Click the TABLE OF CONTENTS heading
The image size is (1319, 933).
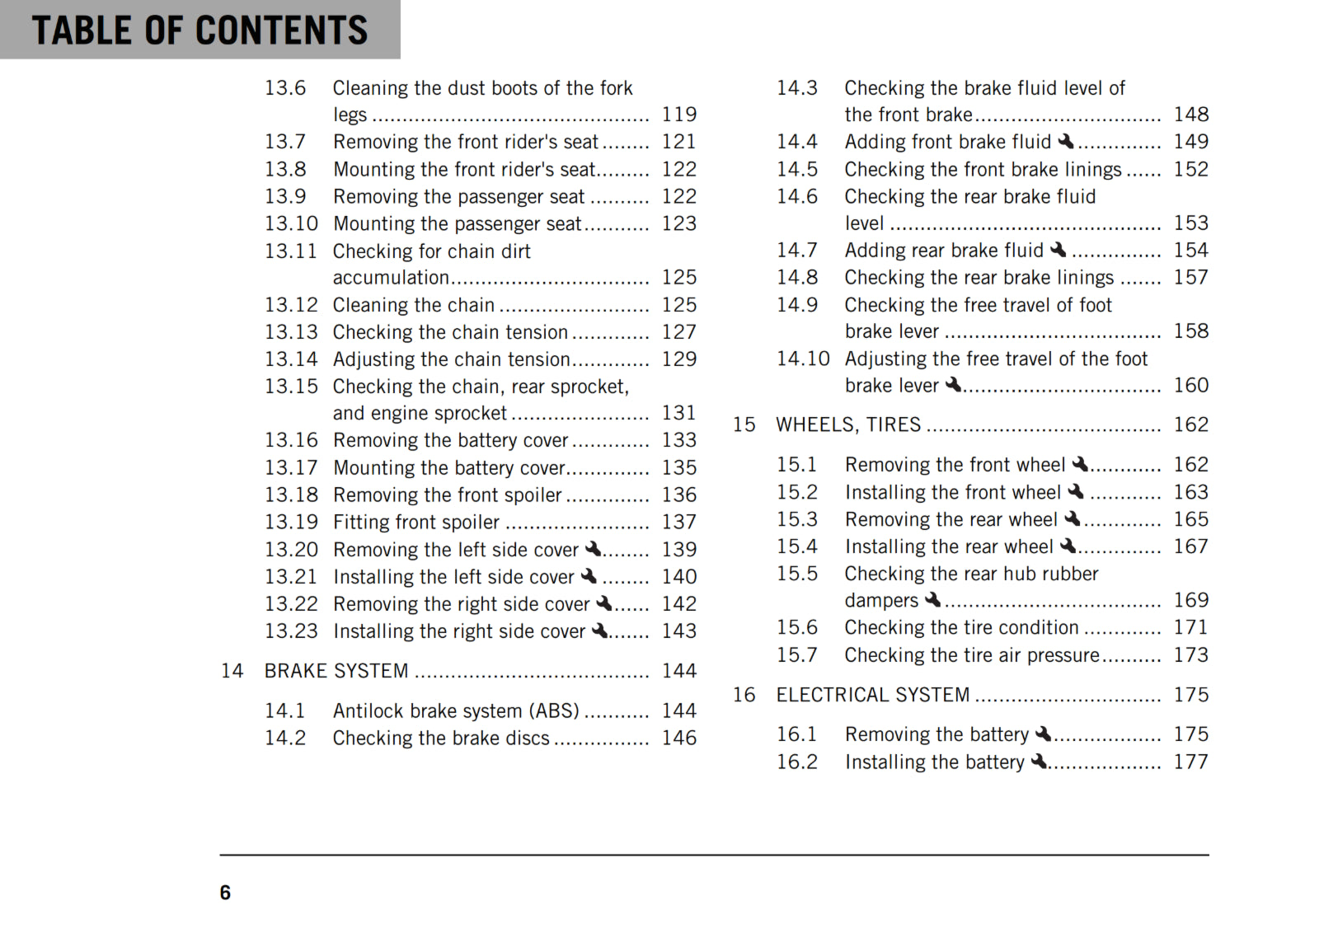tap(199, 30)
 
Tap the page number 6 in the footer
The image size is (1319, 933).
tap(225, 893)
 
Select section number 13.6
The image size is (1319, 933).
tap(285, 88)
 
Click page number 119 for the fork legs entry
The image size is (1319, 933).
tap(678, 115)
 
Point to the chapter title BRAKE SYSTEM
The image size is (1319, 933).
tap(336, 671)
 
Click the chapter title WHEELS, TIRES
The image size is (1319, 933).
tap(848, 424)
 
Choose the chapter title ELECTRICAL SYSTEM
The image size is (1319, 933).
tap(873, 695)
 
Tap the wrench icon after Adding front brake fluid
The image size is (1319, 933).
tap(1066, 141)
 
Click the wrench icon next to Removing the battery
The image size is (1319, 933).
tap(1044, 734)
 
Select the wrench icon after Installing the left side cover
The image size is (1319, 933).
tap(589, 576)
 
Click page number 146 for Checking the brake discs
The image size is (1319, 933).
tap(678, 738)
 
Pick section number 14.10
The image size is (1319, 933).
tap(802, 359)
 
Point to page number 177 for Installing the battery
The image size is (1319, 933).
tap(1191, 762)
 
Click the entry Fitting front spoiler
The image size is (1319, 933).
tap(416, 522)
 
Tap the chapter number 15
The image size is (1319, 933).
tap(744, 424)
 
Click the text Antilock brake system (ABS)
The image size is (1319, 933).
tap(456, 710)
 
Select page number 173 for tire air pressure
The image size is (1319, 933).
tap(1191, 654)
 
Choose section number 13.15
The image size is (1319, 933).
tap(291, 386)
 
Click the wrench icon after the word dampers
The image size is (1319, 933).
tap(932, 599)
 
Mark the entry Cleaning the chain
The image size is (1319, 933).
tap(413, 305)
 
